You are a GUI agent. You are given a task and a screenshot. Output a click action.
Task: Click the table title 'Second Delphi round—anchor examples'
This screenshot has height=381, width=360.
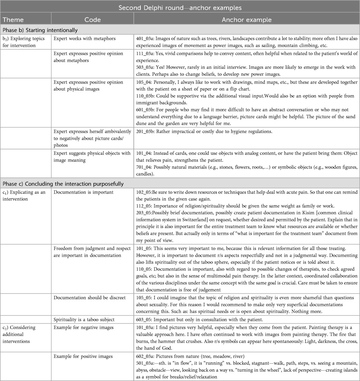click(180, 7)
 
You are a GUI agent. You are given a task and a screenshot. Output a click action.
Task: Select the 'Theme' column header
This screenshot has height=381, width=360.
click(13, 20)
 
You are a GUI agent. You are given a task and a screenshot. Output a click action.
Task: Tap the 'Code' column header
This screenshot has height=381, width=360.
click(93, 20)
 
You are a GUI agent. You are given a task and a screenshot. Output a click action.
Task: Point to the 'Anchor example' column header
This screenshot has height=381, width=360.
click(246, 20)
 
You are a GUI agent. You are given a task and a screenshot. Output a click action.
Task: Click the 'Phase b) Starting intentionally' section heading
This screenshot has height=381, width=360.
click(40, 30)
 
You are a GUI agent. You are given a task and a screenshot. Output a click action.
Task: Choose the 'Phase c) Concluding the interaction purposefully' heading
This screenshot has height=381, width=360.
click(63, 184)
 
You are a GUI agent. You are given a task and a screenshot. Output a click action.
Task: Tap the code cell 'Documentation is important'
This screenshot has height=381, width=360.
click(84, 192)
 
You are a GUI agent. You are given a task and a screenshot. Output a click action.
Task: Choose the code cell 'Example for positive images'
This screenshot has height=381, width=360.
click(83, 356)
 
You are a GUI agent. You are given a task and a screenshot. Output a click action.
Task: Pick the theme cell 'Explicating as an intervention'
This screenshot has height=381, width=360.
click(24, 196)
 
